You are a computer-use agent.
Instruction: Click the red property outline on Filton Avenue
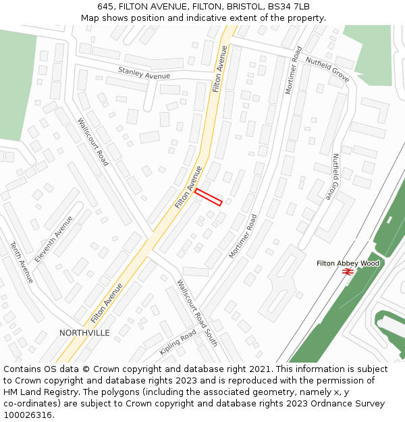(x=209, y=197)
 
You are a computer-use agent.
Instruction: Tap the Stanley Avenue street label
(x=144, y=73)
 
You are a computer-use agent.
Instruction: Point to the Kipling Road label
(x=178, y=342)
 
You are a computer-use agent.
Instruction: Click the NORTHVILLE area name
(x=84, y=333)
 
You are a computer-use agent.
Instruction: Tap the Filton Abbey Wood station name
(x=348, y=263)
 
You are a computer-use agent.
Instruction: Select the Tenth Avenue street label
(x=21, y=262)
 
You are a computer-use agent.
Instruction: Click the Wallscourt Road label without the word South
(x=92, y=142)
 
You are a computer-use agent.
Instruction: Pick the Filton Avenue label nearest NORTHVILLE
(x=107, y=303)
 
